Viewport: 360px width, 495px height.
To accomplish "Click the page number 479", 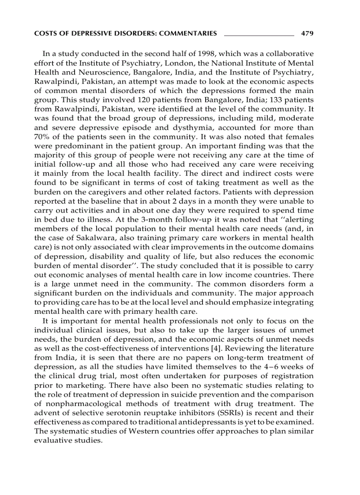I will [x=307, y=33].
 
